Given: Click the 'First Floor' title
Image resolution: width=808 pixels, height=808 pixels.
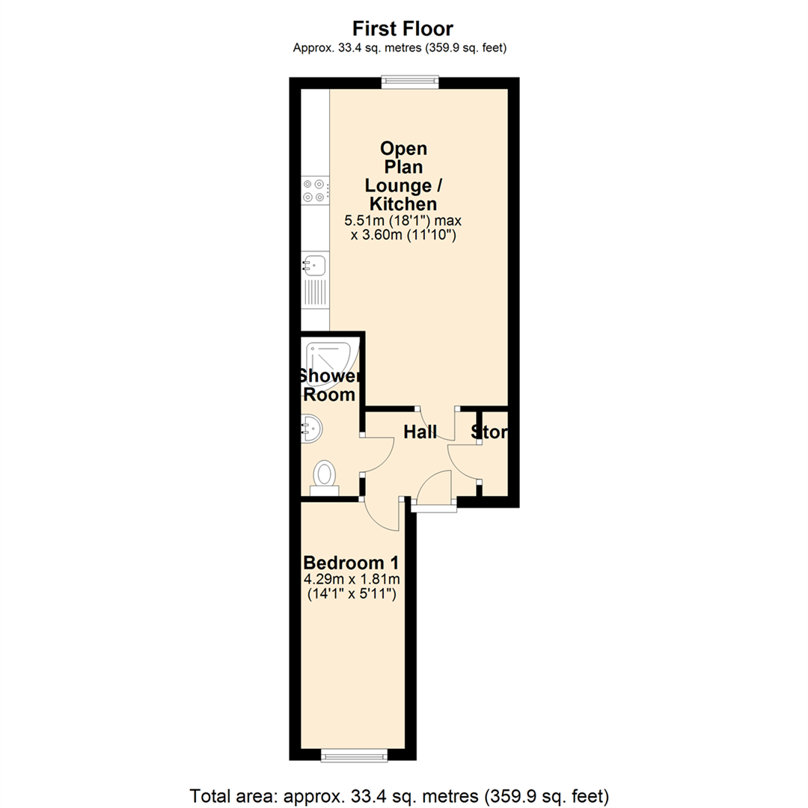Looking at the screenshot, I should coord(403,29).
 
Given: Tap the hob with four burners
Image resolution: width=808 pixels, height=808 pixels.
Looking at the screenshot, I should coord(314,190).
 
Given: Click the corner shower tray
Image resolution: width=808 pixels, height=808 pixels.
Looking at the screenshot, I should coord(330,355).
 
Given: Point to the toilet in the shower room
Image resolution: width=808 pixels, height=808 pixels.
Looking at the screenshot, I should coord(325,476).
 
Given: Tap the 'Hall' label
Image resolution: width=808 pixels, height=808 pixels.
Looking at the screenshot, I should coord(420,432).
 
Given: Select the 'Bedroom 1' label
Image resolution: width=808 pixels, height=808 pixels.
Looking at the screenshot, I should coord(351,562).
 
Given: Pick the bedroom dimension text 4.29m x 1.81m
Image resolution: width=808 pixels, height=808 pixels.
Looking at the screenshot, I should coord(351,580).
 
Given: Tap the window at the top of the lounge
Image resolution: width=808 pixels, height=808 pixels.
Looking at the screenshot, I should coord(409,82).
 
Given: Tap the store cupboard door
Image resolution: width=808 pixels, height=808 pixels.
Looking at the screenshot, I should coord(462,461).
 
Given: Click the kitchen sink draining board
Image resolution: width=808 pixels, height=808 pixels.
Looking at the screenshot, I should coord(314,292).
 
